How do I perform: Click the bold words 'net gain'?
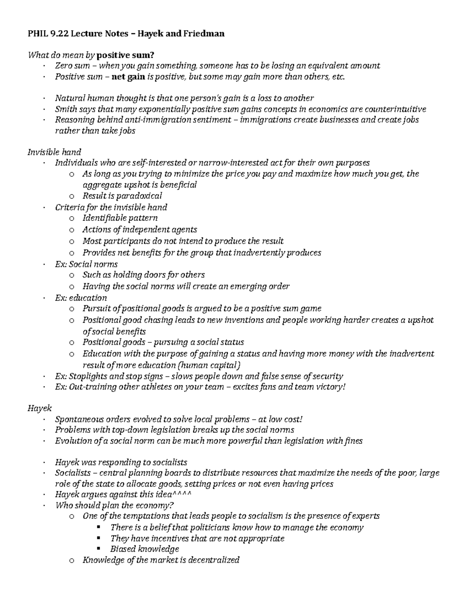click(128, 77)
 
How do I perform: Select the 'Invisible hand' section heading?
click(54, 152)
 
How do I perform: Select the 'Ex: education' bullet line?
click(81, 297)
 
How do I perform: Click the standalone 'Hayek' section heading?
click(39, 408)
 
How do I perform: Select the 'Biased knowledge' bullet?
click(144, 549)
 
